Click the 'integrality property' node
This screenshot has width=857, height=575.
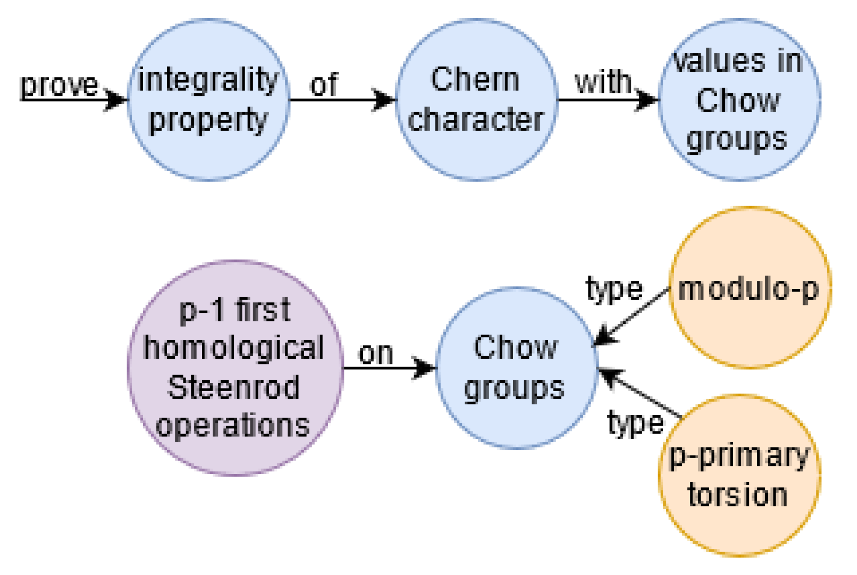click(x=208, y=100)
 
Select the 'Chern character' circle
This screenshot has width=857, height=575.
click(x=477, y=100)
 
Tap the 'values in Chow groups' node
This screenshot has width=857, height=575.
click(x=739, y=100)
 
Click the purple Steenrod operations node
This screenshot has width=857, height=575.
click(x=235, y=368)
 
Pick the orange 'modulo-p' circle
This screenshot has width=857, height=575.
click(x=749, y=288)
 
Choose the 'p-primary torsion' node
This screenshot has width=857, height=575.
click(x=739, y=476)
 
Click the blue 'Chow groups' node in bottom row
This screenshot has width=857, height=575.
click(x=516, y=368)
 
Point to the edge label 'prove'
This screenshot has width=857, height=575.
click(x=59, y=85)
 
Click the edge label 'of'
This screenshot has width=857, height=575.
click(x=324, y=85)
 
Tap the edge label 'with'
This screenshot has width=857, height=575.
click(x=604, y=82)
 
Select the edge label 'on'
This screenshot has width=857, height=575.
click(x=376, y=354)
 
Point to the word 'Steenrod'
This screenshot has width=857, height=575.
click(x=234, y=387)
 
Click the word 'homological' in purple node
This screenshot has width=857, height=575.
click(x=234, y=348)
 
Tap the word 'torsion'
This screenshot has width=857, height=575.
click(x=738, y=495)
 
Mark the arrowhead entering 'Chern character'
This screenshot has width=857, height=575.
click(x=385, y=99)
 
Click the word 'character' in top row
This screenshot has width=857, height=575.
click(x=476, y=120)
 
